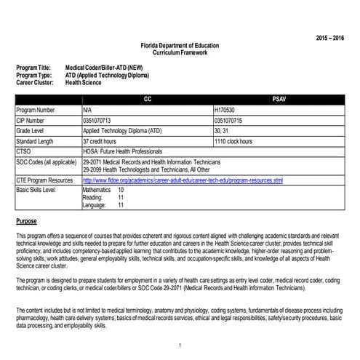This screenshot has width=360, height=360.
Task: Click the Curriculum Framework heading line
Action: pyautogui.click(x=180, y=52)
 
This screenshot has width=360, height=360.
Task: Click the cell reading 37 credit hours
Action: pyautogui.click(x=102, y=140)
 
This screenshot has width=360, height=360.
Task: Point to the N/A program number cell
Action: pyautogui.click(x=88, y=108)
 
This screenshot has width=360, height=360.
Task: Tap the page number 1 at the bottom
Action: pyautogui.click(x=180, y=345)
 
